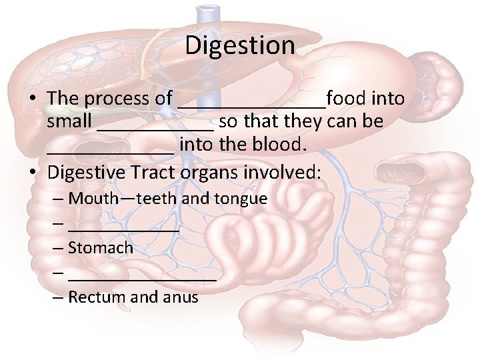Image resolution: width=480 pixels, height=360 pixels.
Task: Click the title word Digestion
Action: point(239,45)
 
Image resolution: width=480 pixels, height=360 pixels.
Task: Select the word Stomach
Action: point(101,247)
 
